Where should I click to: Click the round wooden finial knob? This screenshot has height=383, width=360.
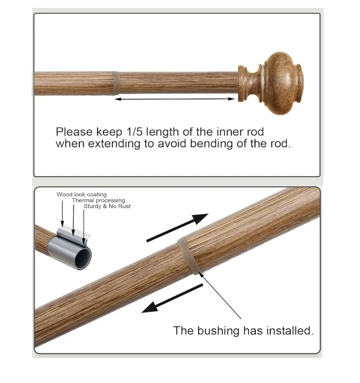271,83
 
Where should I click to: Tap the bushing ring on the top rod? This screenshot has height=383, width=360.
116,83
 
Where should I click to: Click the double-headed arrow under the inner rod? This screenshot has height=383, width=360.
175,99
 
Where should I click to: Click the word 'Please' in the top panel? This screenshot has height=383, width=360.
74,132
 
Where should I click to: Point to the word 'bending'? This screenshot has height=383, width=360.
212,144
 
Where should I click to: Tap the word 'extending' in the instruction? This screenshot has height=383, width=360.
114,144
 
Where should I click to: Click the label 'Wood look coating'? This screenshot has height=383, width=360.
82,195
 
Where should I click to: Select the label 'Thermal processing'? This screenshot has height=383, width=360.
98,200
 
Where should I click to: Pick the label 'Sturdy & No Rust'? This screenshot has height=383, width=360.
107,206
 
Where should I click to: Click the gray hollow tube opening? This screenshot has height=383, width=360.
83,259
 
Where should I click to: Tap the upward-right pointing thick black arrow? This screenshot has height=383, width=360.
177,228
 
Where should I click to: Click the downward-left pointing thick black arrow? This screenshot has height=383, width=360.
172,298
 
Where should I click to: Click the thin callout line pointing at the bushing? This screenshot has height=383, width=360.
220,295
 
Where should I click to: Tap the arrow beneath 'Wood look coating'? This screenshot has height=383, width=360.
62,213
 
